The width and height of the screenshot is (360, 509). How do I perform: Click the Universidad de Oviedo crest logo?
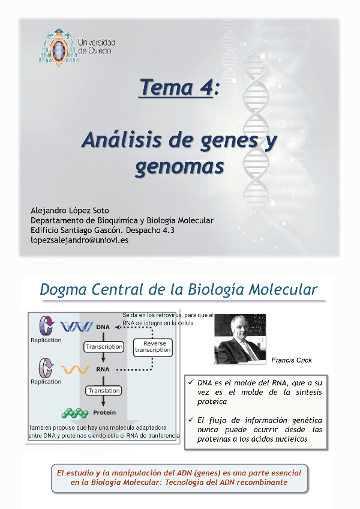coord(59,47)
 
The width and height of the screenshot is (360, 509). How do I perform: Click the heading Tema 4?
coord(176,87)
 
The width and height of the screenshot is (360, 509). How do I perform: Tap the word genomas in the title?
coord(179,167)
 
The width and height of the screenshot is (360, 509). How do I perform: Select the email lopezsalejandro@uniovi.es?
coord(79,240)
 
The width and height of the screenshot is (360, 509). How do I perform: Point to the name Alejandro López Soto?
coord(70,210)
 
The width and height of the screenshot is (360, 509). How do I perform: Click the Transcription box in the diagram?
coord(104,347)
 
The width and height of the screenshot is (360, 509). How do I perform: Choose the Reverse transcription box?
coord(152,348)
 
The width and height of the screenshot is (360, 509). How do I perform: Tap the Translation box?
coord(104,391)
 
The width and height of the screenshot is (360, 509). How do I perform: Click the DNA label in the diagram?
coord(103,327)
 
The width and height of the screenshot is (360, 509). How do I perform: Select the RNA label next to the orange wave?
coord(103,369)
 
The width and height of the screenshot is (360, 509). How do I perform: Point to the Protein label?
coord(104,412)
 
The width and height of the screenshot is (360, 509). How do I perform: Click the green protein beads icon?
coord(75,413)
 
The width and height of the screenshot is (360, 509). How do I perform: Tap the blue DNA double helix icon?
coord(77,327)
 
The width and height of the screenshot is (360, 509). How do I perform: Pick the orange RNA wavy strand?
coord(76,369)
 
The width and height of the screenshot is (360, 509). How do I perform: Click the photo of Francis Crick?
coord(240,339)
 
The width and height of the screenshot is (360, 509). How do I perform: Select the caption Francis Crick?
coord(292,360)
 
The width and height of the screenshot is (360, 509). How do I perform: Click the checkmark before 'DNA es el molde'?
coord(191,382)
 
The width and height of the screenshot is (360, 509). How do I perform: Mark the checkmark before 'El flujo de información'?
coord(191,420)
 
